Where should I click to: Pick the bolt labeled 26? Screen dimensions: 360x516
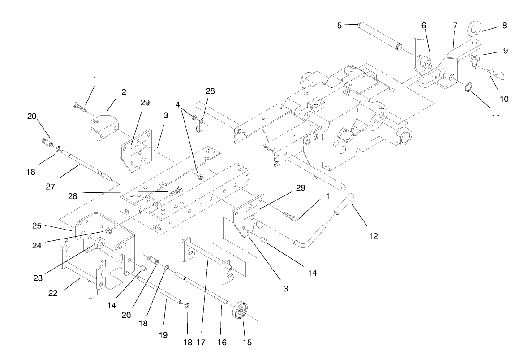(175, 193)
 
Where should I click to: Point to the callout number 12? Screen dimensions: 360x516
(374, 236)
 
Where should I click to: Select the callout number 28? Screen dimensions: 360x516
(210, 91)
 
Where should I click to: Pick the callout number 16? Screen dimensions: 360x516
(223, 343)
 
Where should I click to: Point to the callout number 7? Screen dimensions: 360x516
(455, 26)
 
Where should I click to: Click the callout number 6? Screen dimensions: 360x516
(424, 26)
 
